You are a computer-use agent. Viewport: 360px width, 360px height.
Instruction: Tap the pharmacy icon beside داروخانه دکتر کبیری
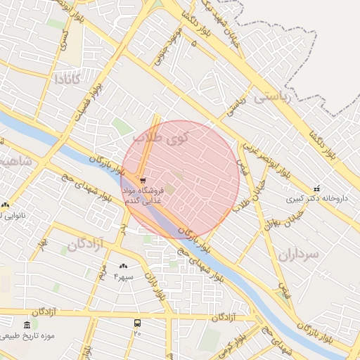pos(316,189)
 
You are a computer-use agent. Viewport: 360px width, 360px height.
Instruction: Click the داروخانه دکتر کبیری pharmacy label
pos(317,199)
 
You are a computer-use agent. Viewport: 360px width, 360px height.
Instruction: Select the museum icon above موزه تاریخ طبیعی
pos(27,325)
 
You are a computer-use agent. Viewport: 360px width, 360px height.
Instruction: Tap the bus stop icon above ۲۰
pos(137,323)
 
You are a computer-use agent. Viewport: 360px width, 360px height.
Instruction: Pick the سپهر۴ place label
pos(124,277)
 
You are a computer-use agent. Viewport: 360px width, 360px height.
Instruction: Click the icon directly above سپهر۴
pos(124,266)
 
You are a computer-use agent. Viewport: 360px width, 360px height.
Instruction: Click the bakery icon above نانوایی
pos(5,205)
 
